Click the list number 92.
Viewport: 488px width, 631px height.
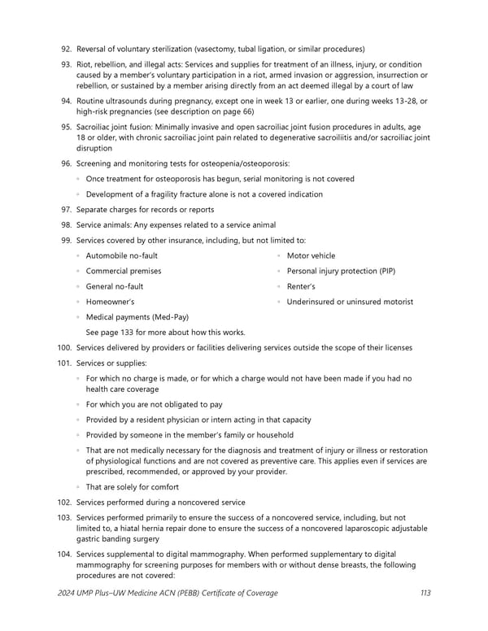tap(66, 49)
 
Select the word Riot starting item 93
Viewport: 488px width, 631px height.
tap(84, 64)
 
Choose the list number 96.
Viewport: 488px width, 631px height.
tap(66, 163)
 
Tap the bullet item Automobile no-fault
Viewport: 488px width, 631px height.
tap(122, 255)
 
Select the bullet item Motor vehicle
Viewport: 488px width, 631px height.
tap(311, 255)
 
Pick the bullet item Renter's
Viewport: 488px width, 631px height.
tap(301, 286)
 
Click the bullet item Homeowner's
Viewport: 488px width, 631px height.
tap(115, 302)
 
